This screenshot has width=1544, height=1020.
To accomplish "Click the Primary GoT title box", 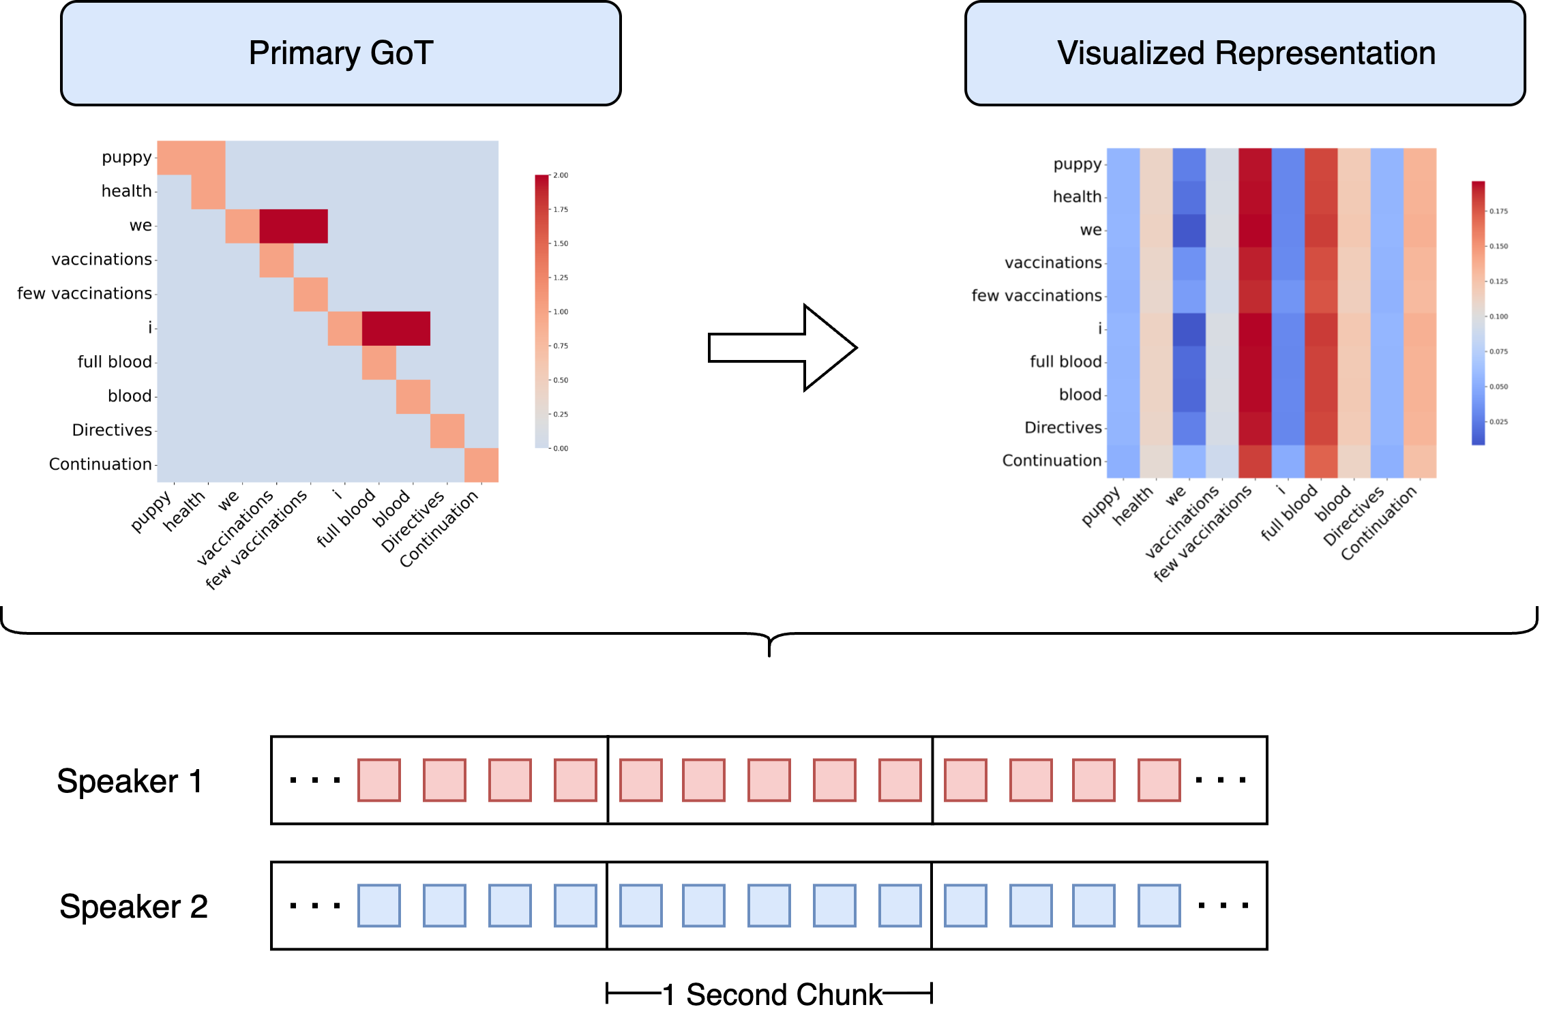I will tap(340, 53).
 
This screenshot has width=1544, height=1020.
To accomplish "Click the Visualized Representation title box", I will tap(1245, 53).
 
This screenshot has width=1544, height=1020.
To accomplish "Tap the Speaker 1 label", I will tap(130, 781).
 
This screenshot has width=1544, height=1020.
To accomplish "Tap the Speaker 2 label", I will tap(133, 906).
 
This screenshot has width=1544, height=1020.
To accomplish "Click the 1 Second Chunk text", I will tap(784, 994).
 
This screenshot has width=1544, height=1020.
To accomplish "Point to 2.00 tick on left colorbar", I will tap(560, 175).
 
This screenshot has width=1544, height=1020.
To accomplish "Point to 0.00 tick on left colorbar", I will tap(560, 448).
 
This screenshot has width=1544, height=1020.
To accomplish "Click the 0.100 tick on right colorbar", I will tap(1498, 316).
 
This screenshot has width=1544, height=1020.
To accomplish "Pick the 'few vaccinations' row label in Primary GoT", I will tap(85, 293).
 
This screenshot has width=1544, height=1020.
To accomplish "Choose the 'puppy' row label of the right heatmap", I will tap(1077, 164).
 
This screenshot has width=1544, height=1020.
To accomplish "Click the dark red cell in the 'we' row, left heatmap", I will tap(293, 226).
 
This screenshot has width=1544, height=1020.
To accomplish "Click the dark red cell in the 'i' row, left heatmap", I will tap(396, 329).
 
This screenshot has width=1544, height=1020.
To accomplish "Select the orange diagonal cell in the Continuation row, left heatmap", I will tap(481, 465).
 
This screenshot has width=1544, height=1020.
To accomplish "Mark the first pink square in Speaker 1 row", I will tap(379, 780).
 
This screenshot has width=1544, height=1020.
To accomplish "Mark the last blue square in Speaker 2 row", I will tap(1159, 905).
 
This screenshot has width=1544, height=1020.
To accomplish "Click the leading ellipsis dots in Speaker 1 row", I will tap(314, 780).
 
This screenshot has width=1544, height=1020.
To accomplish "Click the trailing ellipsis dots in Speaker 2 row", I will tap(1223, 905).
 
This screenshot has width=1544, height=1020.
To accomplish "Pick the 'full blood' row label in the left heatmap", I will tap(115, 361).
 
